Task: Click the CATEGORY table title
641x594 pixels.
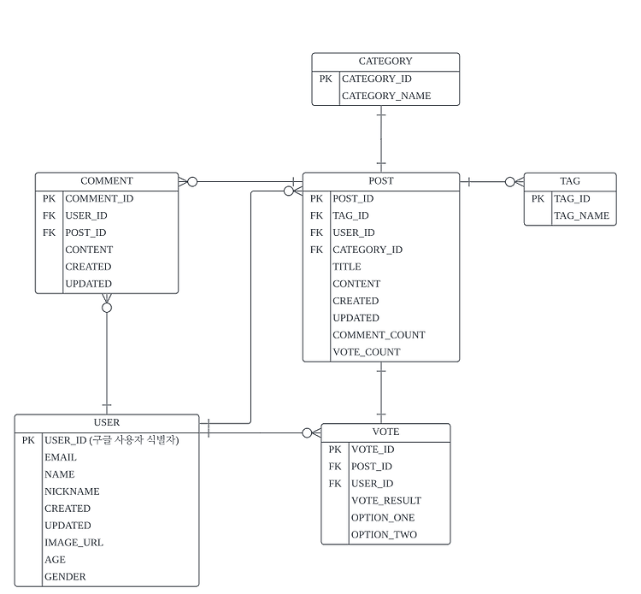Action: point(385,62)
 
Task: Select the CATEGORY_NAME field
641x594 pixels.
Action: point(386,96)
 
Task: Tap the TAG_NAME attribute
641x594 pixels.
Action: point(581,216)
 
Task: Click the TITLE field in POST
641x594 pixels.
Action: point(347,267)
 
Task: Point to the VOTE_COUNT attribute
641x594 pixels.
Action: point(367,352)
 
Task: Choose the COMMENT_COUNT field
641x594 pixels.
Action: point(379,335)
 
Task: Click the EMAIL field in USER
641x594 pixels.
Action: point(61,457)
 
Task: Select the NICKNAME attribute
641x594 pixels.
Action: point(72,491)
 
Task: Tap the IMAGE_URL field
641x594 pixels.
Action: point(74,543)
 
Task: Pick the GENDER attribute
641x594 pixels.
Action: point(65,577)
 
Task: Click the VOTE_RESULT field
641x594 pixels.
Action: point(386,501)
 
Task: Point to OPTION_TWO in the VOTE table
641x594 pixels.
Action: point(384,535)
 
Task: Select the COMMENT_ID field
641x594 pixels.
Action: point(99,198)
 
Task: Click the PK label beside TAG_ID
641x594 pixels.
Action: point(538,198)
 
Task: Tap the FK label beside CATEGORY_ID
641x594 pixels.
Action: point(316,250)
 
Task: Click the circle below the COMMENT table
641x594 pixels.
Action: point(107,308)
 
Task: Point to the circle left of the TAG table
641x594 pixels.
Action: point(510,182)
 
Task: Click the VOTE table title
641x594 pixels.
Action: point(386,432)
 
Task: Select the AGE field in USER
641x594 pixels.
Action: point(55,560)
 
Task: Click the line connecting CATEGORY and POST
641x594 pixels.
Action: point(381,139)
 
